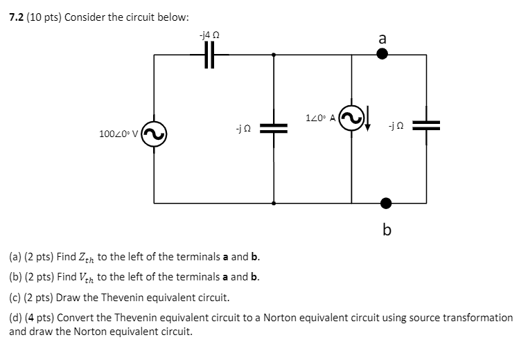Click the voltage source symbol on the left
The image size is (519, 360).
click(154, 132)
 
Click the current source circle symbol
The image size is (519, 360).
click(352, 119)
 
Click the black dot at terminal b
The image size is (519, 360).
click(386, 203)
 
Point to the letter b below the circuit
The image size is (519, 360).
click(386, 229)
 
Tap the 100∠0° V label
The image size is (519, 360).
click(119, 132)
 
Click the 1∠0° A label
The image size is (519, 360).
click(319, 118)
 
